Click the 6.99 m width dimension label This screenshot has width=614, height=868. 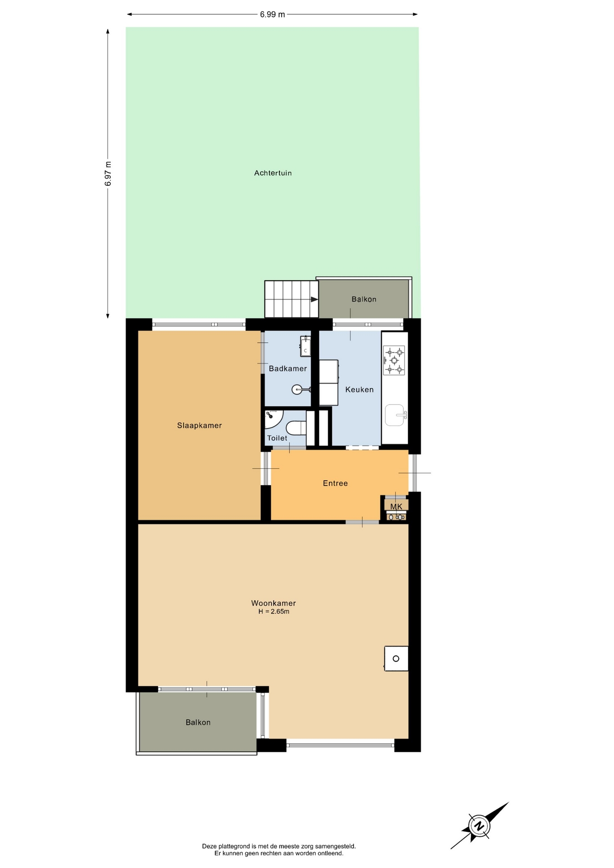[272, 14]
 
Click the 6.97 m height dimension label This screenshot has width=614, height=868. [108, 174]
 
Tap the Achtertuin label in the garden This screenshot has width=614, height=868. [273, 173]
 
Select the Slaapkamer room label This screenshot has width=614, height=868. [199, 425]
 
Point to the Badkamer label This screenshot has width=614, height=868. [288, 368]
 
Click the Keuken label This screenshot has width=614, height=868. [359, 389]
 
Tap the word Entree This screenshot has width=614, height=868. [335, 483]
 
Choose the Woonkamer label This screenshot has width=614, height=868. [274, 603]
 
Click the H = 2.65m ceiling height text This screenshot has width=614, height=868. [274, 612]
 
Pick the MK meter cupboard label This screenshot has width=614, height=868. [396, 507]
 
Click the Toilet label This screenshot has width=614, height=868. [277, 438]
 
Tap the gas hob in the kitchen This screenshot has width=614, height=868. [394, 360]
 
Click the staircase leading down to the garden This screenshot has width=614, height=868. [292, 299]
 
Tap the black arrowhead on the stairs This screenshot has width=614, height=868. [314, 299]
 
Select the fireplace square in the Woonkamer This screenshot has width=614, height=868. [396, 659]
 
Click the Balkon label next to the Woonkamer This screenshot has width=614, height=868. [198, 722]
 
